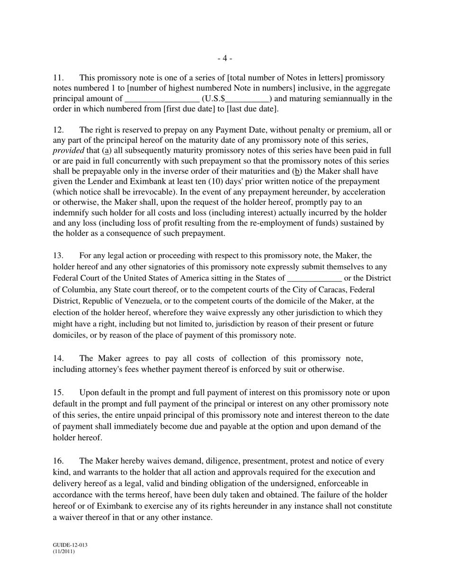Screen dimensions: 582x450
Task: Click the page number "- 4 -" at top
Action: tap(225, 58)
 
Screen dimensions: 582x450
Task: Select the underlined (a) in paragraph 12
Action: tap(107, 150)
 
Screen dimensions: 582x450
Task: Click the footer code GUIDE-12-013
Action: tap(70, 545)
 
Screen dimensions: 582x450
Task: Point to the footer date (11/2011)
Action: tap(63, 551)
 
